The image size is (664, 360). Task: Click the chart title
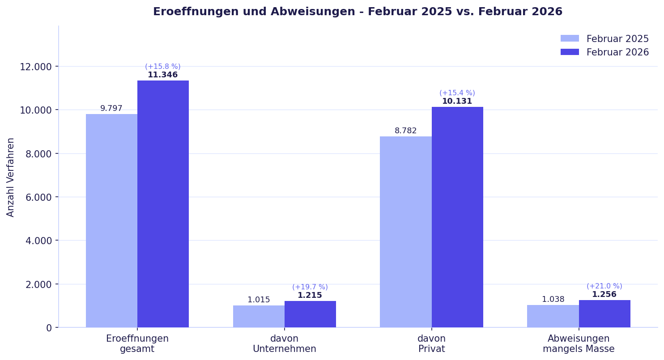pos(358,12)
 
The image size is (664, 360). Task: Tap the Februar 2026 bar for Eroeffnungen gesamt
pos(163,204)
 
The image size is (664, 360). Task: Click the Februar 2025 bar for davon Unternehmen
pos(259,316)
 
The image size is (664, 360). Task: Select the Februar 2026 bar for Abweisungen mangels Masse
pos(604,313)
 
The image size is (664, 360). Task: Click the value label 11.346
pos(163,75)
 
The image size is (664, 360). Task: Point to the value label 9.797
pos(111,109)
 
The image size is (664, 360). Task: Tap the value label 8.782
pos(406,131)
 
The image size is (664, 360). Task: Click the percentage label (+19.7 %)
pos(310,287)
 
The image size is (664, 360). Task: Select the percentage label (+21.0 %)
pos(604,286)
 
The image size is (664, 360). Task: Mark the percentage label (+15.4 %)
pos(457,93)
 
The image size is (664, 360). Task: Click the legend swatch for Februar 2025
pos(570,39)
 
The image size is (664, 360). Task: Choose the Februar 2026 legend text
pos(617,52)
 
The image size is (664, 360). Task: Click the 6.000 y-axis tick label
pos(35,197)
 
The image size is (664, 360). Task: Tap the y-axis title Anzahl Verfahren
pos(11,177)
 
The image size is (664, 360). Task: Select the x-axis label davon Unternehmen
pos(285,344)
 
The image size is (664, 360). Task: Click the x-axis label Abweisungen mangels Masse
pos(579,344)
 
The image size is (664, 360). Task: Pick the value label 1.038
pos(553,300)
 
